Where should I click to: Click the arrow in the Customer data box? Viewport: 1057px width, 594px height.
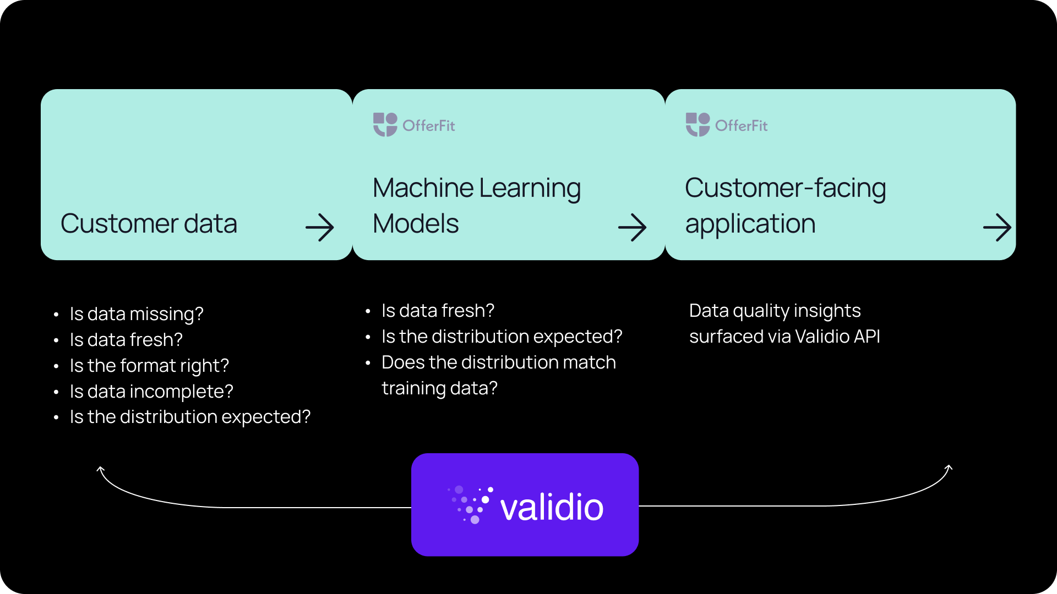pyautogui.click(x=320, y=228)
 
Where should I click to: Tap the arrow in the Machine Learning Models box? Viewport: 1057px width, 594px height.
pyautogui.click(x=632, y=228)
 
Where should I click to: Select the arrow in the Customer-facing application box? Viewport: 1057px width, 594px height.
pyautogui.click(x=997, y=228)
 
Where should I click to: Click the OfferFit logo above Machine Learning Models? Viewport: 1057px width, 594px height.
pyautogui.click(x=414, y=125)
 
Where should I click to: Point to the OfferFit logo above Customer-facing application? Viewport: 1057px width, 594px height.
pyautogui.click(x=727, y=125)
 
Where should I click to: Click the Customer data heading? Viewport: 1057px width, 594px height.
pyautogui.click(x=149, y=224)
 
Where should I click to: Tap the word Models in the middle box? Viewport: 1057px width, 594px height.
pyautogui.click(x=416, y=224)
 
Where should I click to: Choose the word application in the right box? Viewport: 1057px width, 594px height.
pyautogui.click(x=750, y=224)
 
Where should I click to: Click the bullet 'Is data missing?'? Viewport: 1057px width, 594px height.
pyautogui.click(x=137, y=314)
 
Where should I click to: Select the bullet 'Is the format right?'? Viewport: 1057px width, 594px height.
pyautogui.click(x=149, y=366)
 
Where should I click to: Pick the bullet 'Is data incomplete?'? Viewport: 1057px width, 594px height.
pyautogui.click(x=151, y=392)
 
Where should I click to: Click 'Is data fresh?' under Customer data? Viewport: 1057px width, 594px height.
pyautogui.click(x=126, y=340)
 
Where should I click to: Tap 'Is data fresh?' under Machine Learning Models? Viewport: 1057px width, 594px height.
pyautogui.click(x=438, y=311)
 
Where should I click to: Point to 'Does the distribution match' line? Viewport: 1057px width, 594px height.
pyautogui.click(x=498, y=362)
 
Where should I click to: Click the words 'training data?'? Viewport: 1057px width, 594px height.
pyautogui.click(x=439, y=388)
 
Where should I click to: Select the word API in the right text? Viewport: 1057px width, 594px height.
pyautogui.click(x=865, y=337)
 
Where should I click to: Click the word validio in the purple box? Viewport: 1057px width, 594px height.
pyautogui.click(x=552, y=507)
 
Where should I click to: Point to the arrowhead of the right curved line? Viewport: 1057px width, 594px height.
pyautogui.click(x=949, y=468)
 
